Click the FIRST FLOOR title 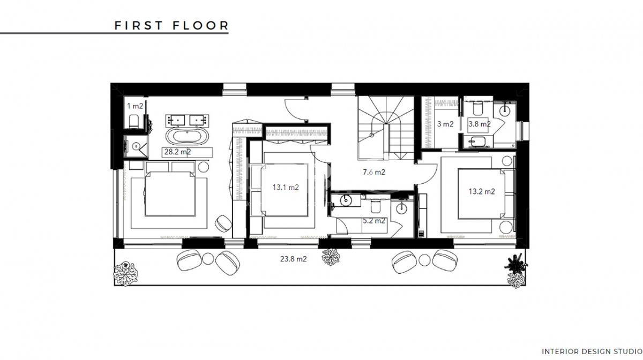(x=171, y=26)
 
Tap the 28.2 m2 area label (x=178, y=152)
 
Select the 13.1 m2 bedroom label (x=286, y=187)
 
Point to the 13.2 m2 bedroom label (x=482, y=191)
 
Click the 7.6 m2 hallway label (x=374, y=172)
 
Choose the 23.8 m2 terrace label (x=294, y=259)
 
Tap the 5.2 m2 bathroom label (x=374, y=221)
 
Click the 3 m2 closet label (x=445, y=124)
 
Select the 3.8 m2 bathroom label (x=480, y=124)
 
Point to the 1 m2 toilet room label (x=135, y=106)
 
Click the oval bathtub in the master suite (x=188, y=136)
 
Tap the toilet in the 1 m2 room (x=134, y=122)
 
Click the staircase (x=385, y=127)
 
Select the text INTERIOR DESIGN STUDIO (x=592, y=351)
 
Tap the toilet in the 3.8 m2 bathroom (x=478, y=109)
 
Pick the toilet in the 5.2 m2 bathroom (x=376, y=206)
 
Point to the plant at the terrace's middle (x=331, y=257)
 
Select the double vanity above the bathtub (x=187, y=121)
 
